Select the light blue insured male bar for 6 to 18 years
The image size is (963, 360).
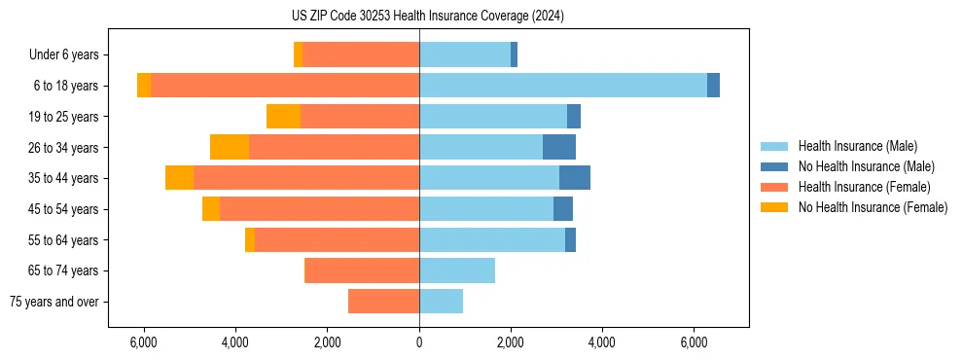[563, 86]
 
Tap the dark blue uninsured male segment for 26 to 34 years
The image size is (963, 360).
[559, 147]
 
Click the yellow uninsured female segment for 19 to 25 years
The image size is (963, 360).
[283, 117]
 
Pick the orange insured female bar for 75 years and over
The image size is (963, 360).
[383, 302]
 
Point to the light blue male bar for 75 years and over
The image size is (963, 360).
[441, 302]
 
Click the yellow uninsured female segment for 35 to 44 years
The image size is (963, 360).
[179, 178]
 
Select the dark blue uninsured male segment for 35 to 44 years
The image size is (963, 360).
[575, 178]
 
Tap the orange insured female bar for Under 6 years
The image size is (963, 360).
[361, 54]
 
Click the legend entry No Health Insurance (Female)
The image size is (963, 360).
[873, 207]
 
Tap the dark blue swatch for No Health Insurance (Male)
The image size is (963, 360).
[774, 166]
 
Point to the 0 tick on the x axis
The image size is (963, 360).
[419, 342]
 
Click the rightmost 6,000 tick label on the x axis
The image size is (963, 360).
[694, 342]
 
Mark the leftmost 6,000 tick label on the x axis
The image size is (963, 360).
[143, 342]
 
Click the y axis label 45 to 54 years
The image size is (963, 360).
[66, 209]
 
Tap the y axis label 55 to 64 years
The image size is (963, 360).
[66, 240]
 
